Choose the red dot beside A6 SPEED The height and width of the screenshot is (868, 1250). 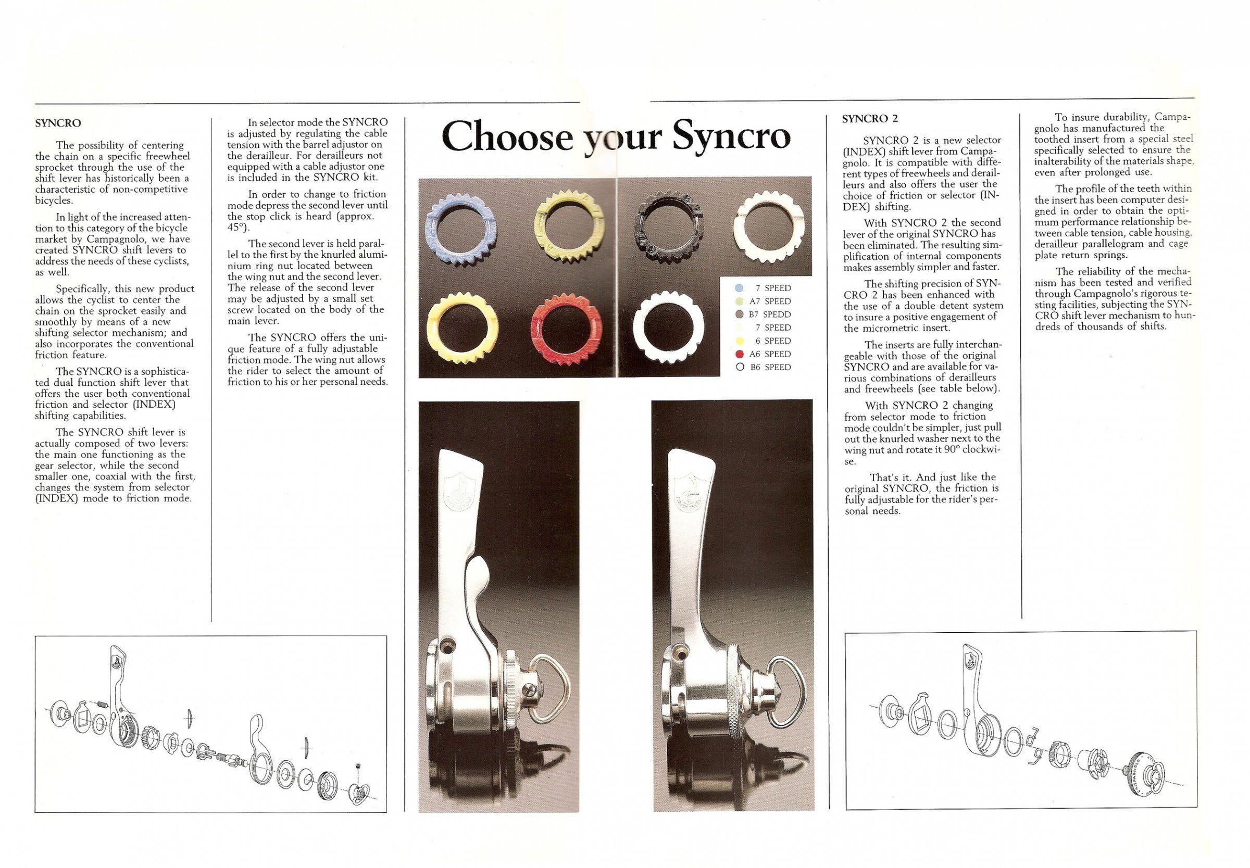click(x=739, y=354)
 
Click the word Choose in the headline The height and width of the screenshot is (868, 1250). click(x=507, y=137)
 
